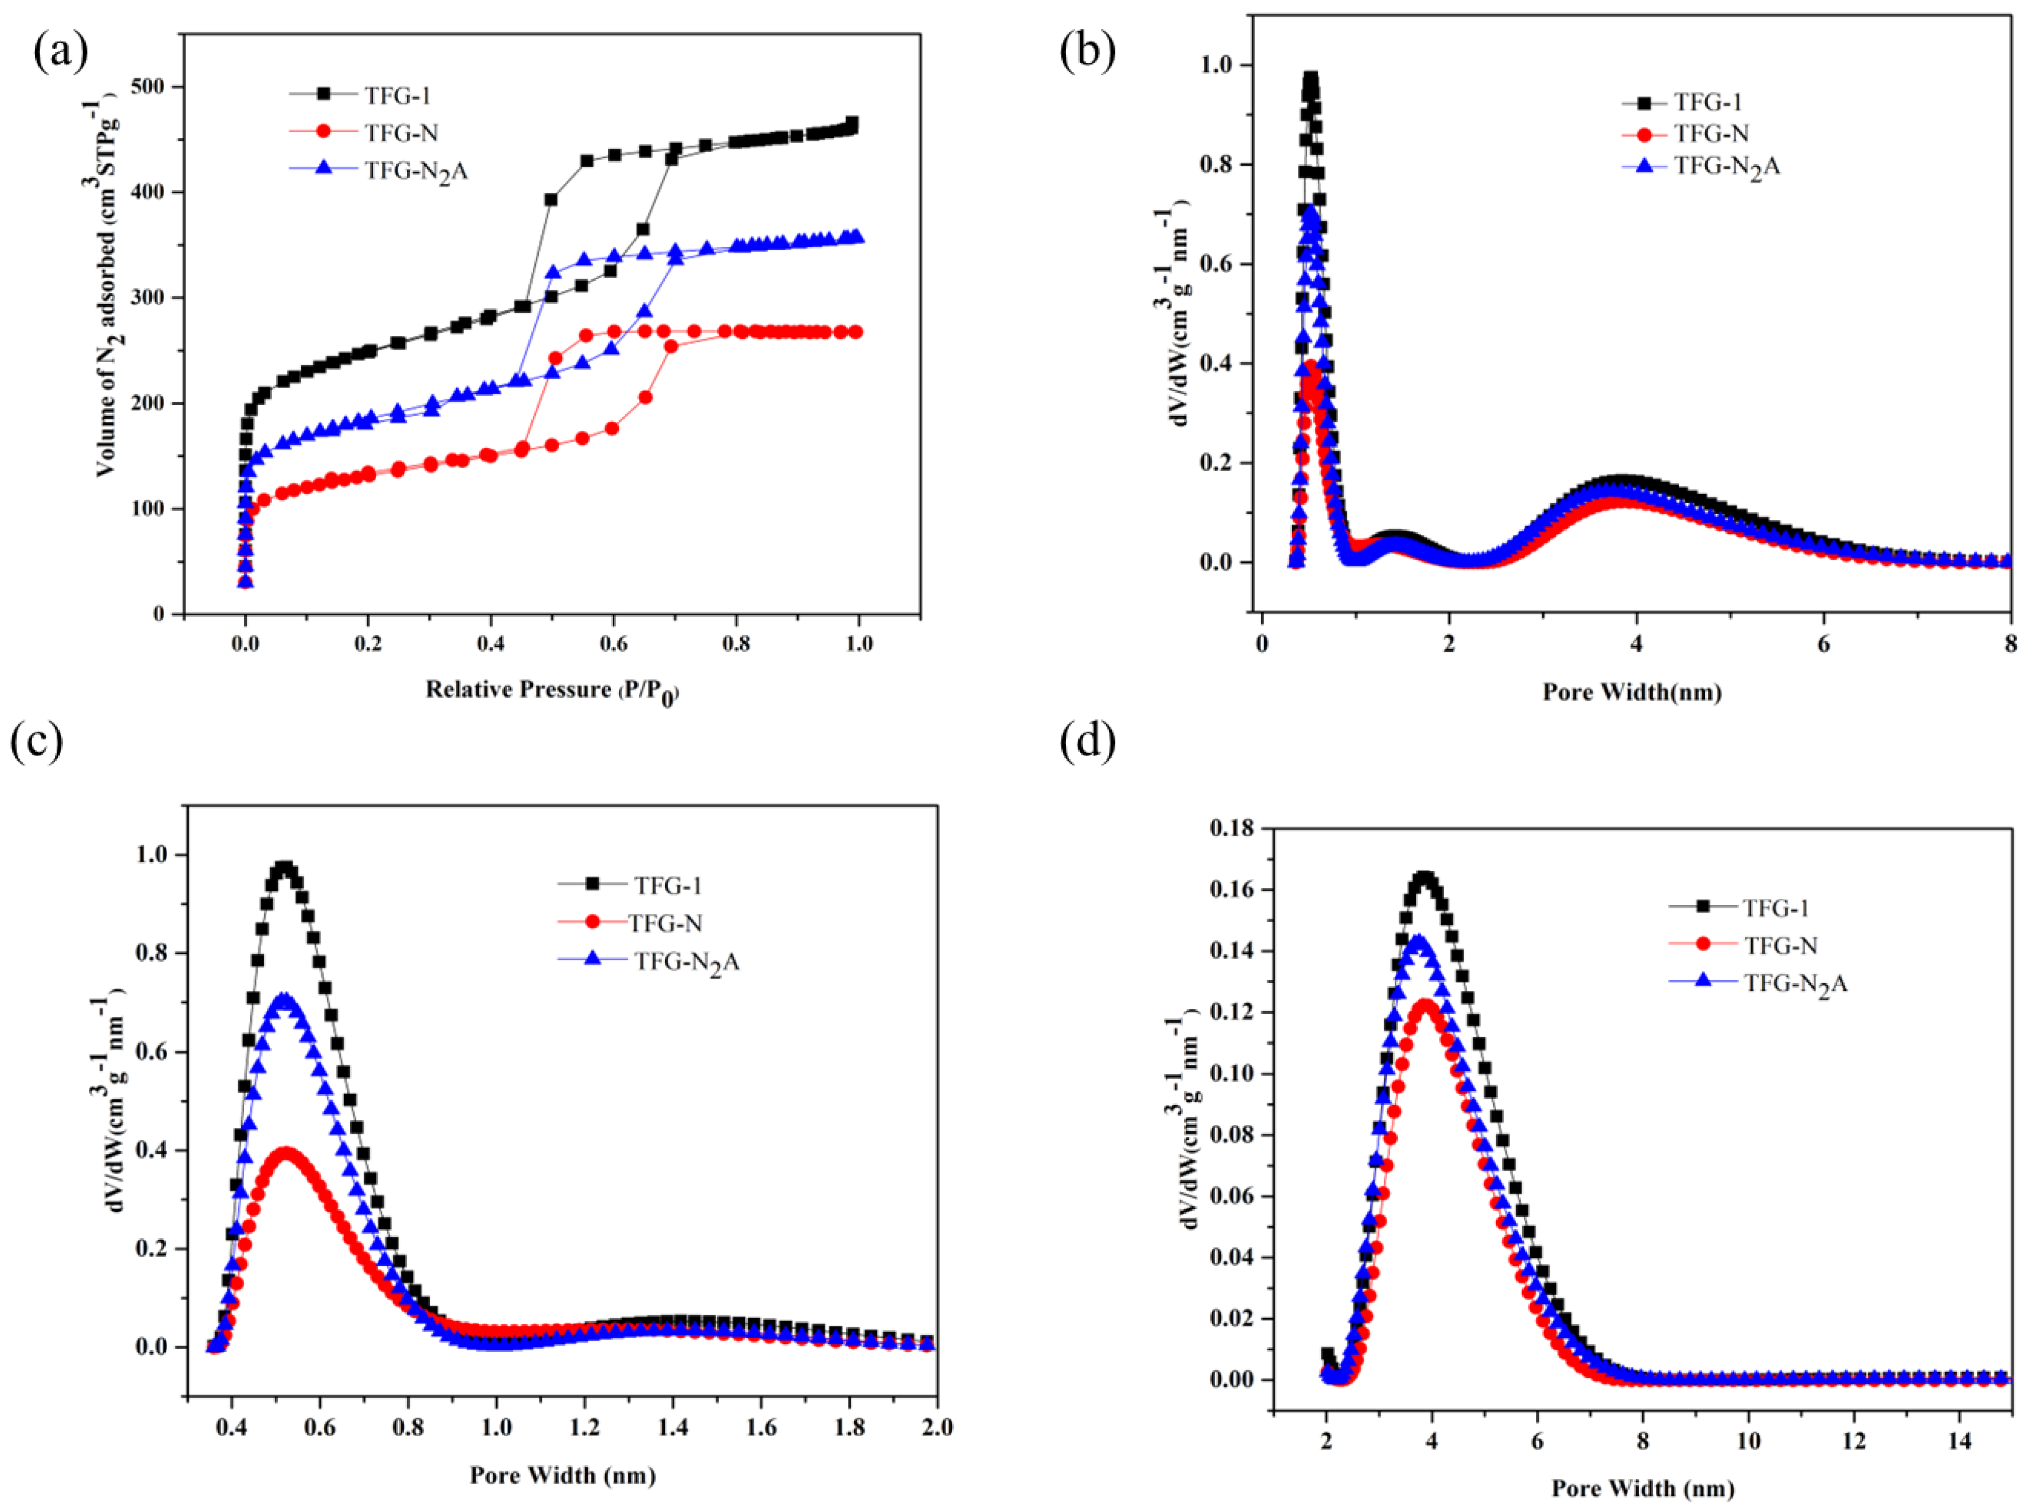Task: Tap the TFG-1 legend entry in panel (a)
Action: tap(397, 95)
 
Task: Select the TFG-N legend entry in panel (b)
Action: tap(1711, 135)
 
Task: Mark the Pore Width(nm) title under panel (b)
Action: tap(1632, 692)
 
